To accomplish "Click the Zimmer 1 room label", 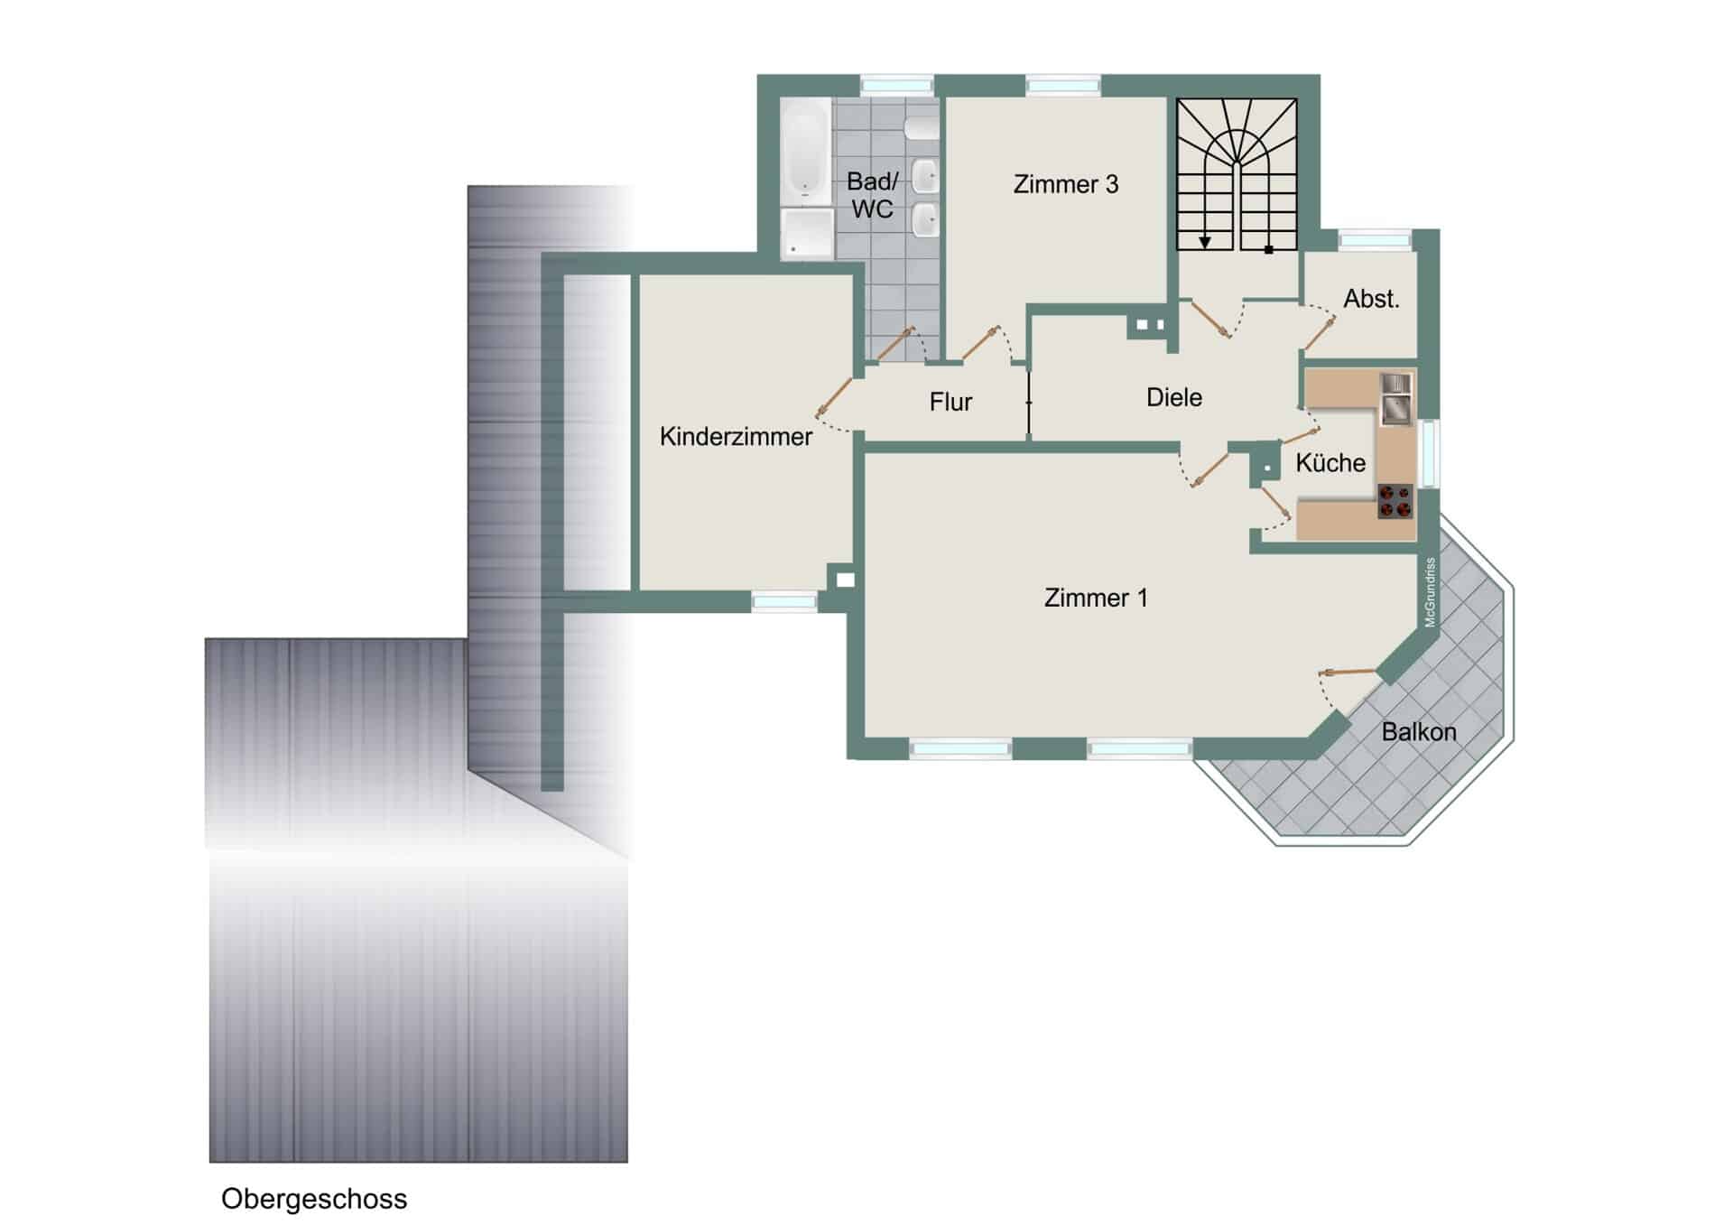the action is pos(1096,598).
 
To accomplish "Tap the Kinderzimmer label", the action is pos(736,437).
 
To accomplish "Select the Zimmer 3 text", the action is pos(1066,184).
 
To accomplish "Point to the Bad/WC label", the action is pos(872,195).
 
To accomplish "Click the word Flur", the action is pos(950,402).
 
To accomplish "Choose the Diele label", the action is pos(1174,397).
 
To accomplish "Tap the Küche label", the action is pos(1330,462).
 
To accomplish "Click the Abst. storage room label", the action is pos(1371,299).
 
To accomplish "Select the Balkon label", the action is pos(1419,731).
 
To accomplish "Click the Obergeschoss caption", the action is pos(314,1200).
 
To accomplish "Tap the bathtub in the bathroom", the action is pos(805,152).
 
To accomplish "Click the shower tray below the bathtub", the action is pos(807,234).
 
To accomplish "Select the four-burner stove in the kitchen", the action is pos(1395,502).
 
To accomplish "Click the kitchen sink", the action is pos(1395,399).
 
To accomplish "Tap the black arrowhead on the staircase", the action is pos(1205,243).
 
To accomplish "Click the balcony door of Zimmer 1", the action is pos(1347,672).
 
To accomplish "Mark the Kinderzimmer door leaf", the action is pos(835,397).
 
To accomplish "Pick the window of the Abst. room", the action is pos(1375,240).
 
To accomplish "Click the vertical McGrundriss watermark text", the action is pos(1430,592).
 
